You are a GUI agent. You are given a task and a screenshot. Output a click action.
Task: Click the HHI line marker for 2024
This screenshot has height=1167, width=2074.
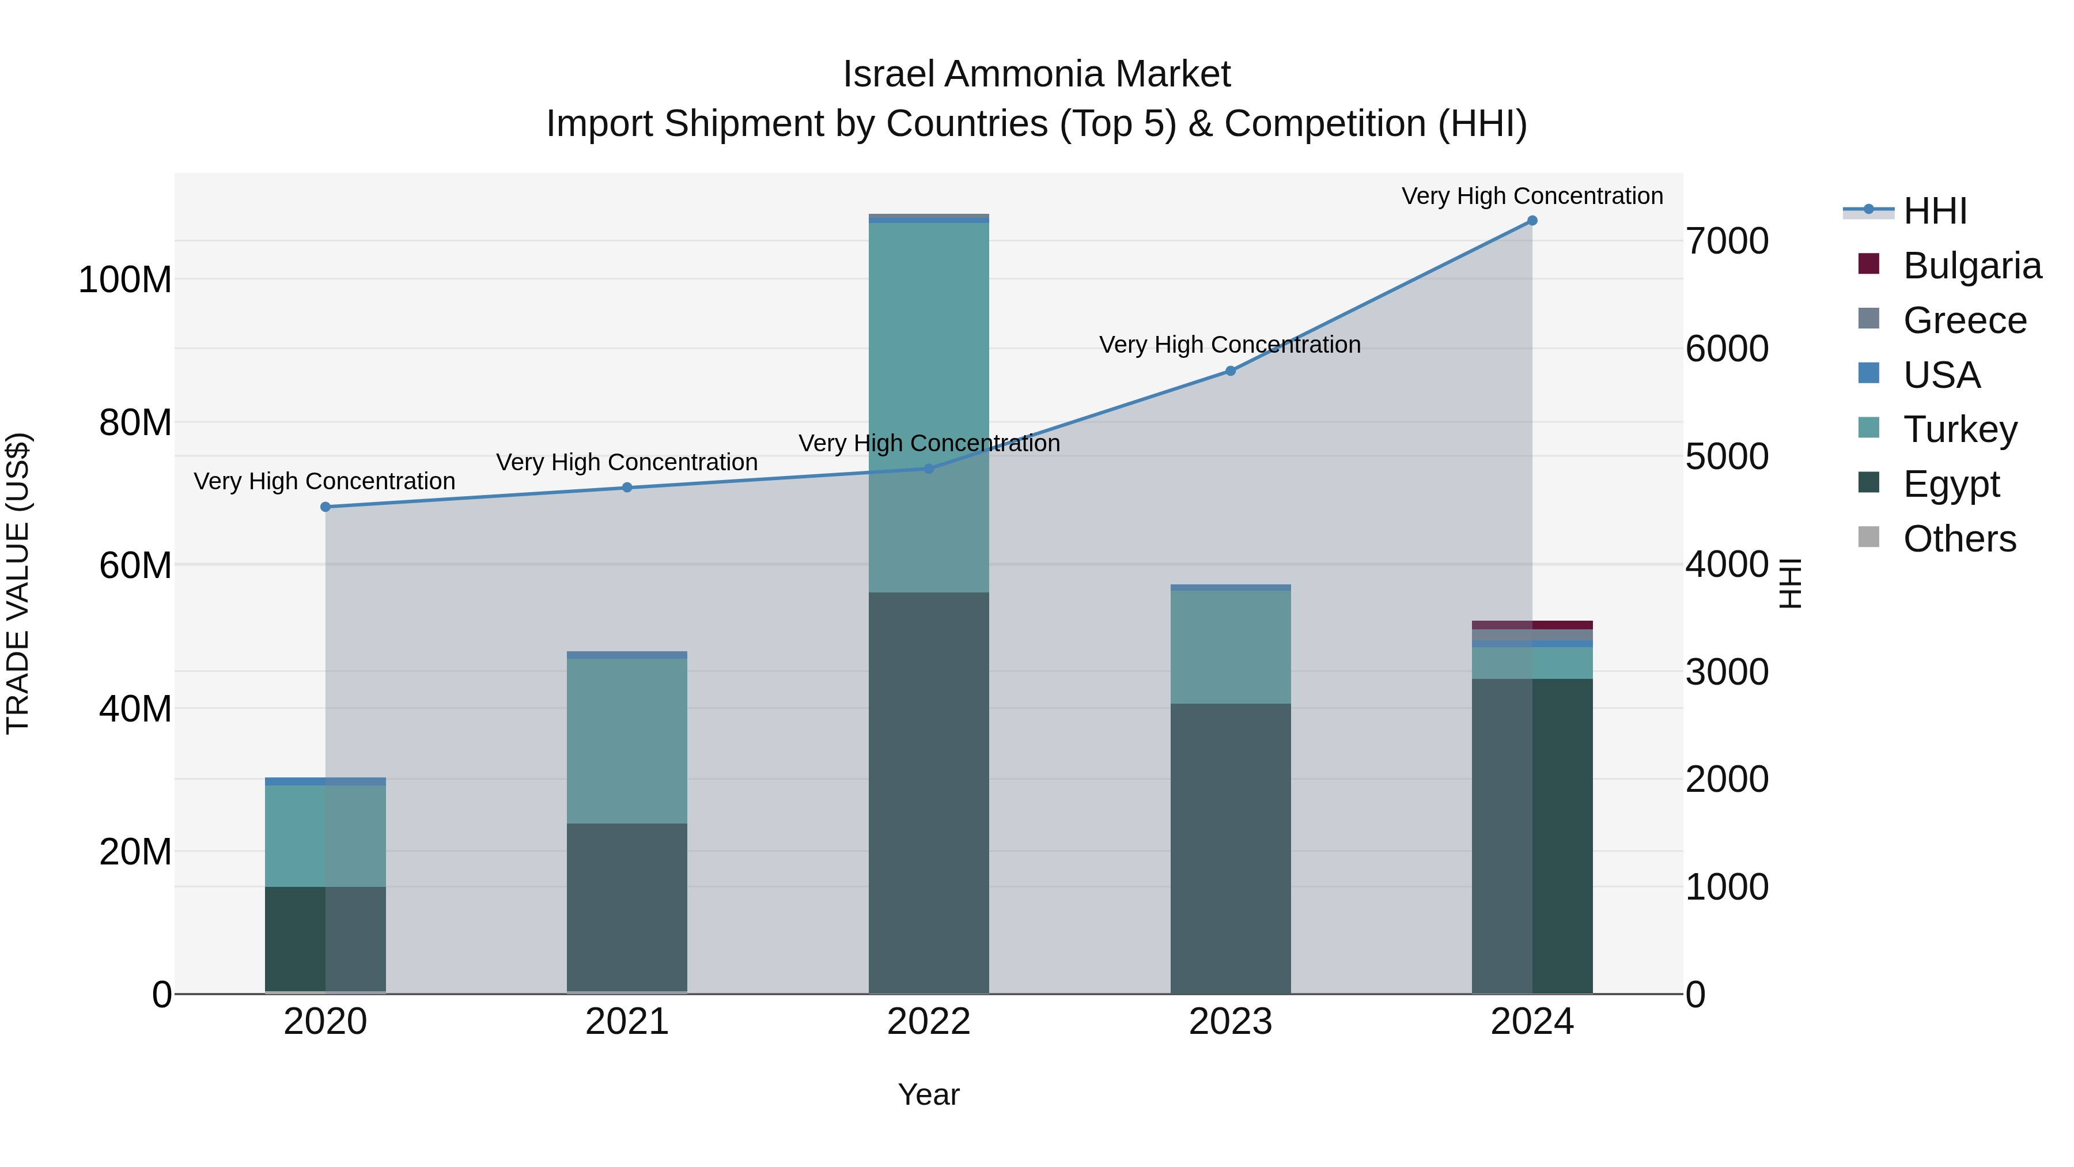click(1531, 221)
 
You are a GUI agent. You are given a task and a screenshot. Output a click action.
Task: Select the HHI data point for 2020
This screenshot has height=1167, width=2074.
click(326, 507)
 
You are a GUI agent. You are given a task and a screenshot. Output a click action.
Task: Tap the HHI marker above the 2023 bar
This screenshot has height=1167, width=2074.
click(1230, 371)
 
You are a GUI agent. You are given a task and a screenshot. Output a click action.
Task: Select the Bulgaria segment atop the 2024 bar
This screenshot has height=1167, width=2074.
click(1531, 625)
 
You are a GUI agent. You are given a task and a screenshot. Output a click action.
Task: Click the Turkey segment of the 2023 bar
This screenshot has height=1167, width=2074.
click(1230, 647)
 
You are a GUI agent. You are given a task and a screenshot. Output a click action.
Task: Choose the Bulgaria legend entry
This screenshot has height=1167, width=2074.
click(1972, 266)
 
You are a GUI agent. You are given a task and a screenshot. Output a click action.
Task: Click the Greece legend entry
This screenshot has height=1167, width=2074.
click(1965, 320)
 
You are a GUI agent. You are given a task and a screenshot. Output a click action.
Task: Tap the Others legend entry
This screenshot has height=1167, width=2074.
click(1959, 539)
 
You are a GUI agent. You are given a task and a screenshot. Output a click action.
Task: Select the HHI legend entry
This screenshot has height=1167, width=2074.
click(1935, 211)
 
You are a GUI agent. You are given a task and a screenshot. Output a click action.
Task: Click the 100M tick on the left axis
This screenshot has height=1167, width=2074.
click(125, 280)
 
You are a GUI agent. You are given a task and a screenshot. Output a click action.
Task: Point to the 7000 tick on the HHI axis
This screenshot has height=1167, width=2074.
click(1728, 241)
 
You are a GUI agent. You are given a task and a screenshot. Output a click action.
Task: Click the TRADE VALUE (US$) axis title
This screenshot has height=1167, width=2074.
click(18, 583)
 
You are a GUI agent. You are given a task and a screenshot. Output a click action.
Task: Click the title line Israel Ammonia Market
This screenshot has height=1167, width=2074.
click(1036, 74)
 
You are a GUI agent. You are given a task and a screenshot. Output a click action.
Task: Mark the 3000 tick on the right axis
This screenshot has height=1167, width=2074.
click(1728, 672)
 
